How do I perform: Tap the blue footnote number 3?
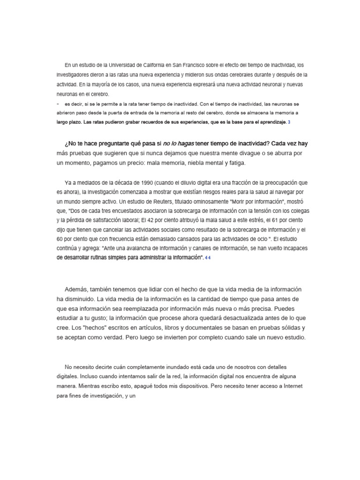click(289, 122)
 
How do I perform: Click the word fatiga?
click(232, 163)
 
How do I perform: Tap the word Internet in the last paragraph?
click(294, 386)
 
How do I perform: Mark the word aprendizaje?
click(269, 122)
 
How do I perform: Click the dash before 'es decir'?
click(58, 104)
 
